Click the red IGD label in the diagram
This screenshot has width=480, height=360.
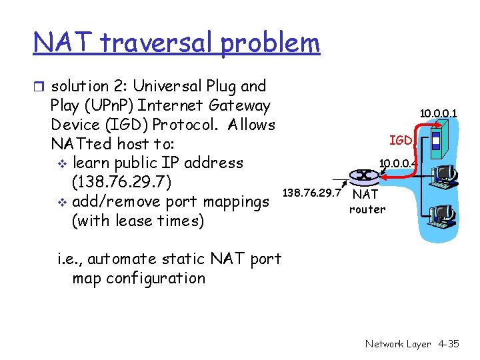click(x=401, y=140)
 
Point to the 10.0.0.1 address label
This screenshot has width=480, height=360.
click(x=438, y=114)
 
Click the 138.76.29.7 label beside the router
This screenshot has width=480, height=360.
click(x=312, y=193)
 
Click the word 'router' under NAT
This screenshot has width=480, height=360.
click(x=367, y=209)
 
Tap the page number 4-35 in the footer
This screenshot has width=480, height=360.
click(x=449, y=344)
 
